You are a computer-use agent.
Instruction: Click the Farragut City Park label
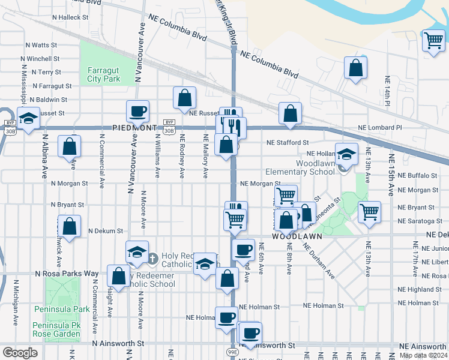coord(103,74)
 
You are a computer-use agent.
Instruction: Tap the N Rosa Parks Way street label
coord(66,273)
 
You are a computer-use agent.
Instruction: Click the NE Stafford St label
coord(288,143)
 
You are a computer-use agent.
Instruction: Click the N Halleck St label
coord(70,17)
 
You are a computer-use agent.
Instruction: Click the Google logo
coord(20,353)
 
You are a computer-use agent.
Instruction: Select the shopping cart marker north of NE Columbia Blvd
coord(433,41)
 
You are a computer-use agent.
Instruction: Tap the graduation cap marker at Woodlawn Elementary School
coord(346,154)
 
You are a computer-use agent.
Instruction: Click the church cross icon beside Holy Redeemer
coord(152,259)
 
